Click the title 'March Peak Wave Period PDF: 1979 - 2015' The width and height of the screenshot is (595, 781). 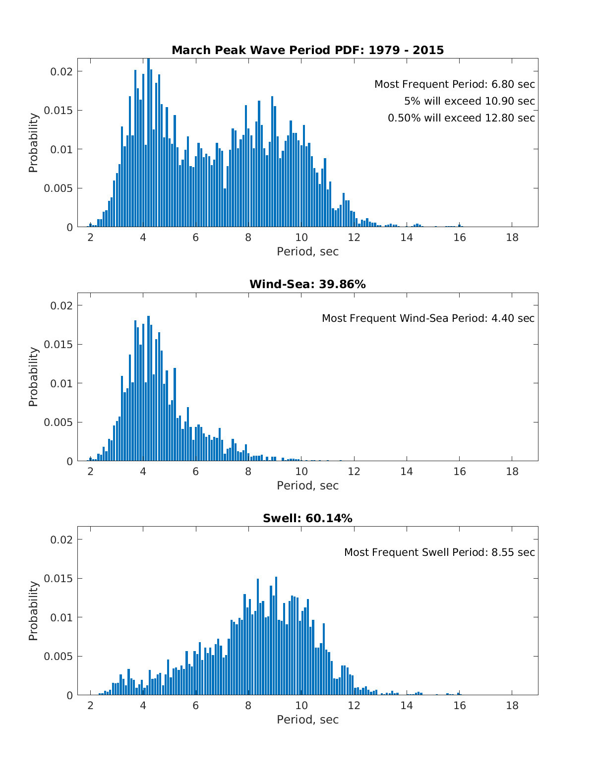(x=307, y=50)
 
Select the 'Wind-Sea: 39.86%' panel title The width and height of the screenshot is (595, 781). (x=307, y=284)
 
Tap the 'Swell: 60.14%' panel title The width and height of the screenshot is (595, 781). (x=307, y=518)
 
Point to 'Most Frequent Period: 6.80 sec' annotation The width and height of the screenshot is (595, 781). (x=454, y=84)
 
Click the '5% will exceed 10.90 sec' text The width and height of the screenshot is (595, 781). (x=469, y=101)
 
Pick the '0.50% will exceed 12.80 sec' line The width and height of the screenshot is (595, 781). (x=461, y=118)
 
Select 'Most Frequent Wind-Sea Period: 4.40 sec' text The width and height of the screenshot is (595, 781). (x=428, y=318)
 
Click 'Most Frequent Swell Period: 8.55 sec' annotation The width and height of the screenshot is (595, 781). (x=439, y=552)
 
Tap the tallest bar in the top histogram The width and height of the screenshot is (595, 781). (x=148, y=144)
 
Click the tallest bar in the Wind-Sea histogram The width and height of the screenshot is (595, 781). (x=148, y=389)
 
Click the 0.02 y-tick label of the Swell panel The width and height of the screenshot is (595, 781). (x=61, y=540)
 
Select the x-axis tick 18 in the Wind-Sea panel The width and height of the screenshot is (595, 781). (x=512, y=471)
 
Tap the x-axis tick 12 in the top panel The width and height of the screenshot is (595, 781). (x=354, y=237)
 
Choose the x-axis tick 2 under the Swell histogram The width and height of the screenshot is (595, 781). (x=90, y=705)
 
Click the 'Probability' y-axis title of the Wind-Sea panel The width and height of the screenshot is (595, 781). (x=33, y=377)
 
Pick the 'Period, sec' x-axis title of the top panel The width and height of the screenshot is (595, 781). (x=307, y=251)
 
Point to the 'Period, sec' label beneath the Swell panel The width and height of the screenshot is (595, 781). (x=307, y=720)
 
